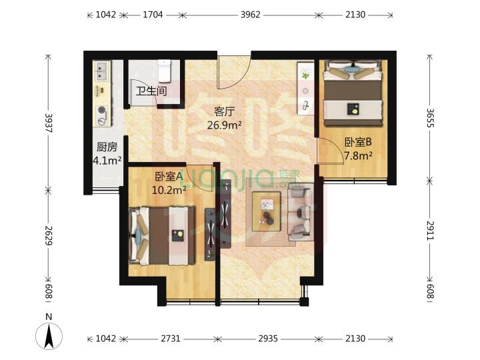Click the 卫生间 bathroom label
151,91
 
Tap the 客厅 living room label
225,111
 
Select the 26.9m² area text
225,125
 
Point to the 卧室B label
358,142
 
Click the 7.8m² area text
358,156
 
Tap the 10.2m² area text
169,190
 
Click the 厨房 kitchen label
107,147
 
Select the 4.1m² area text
107,160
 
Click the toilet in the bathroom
165,71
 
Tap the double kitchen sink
102,71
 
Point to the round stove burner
102,109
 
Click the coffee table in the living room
266,211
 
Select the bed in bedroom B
353,93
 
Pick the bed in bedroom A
162,235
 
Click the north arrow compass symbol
49,335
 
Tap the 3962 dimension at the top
250,15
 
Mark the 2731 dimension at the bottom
170,339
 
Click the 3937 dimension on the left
49,123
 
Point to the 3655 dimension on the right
430,118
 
